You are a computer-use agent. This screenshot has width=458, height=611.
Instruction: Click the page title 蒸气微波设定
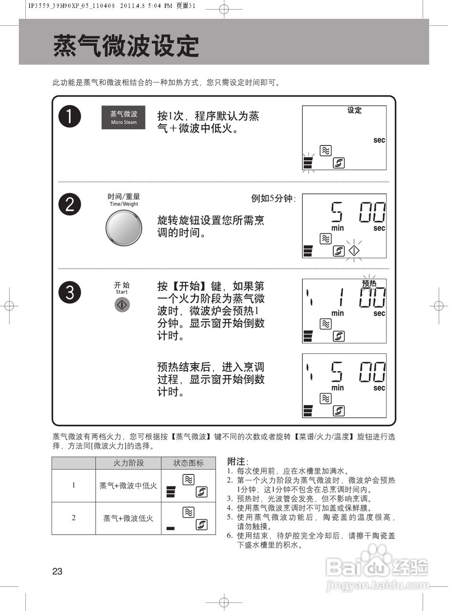(126, 46)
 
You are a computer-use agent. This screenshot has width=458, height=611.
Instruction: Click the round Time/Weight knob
(124, 227)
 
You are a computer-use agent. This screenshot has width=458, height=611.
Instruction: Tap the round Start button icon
(122, 305)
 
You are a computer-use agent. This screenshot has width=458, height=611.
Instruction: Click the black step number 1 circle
(70, 116)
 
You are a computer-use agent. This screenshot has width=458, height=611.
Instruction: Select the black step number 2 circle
(70, 204)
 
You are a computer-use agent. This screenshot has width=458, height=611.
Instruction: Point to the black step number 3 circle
(70, 292)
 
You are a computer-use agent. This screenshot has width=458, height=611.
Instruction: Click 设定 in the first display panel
(354, 110)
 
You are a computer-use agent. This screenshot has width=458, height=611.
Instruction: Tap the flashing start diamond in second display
(353, 251)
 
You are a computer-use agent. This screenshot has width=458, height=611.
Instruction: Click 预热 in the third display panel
(369, 283)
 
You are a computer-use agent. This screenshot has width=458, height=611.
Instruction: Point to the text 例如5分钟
(273, 199)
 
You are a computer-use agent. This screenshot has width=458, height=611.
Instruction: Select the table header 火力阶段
(128, 463)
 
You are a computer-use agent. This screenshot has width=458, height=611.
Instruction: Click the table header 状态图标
(188, 463)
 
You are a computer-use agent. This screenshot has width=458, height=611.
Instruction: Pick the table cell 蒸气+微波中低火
(128, 485)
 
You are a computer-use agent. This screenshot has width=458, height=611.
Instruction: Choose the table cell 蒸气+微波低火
(128, 518)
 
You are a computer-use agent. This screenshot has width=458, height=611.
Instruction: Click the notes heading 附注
(238, 461)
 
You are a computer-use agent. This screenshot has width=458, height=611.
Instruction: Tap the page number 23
(57, 571)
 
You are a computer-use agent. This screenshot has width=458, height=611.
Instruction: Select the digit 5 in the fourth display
(337, 372)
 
